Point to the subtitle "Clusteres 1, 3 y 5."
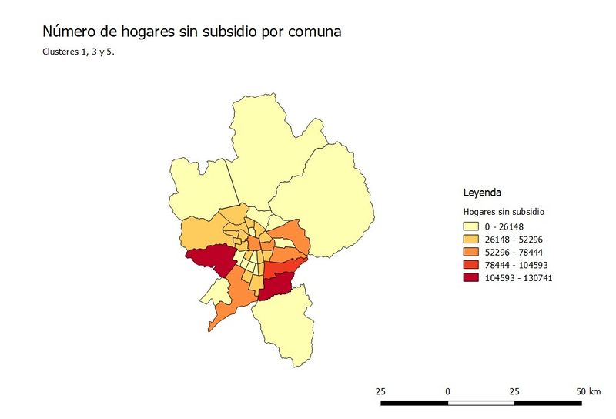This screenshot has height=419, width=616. click(x=81, y=53)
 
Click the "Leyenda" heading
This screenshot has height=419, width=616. click(x=483, y=192)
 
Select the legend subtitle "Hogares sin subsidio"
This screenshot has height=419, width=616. click(x=504, y=211)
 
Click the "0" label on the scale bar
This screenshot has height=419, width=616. click(x=447, y=391)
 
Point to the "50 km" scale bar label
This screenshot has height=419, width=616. click(x=588, y=391)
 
